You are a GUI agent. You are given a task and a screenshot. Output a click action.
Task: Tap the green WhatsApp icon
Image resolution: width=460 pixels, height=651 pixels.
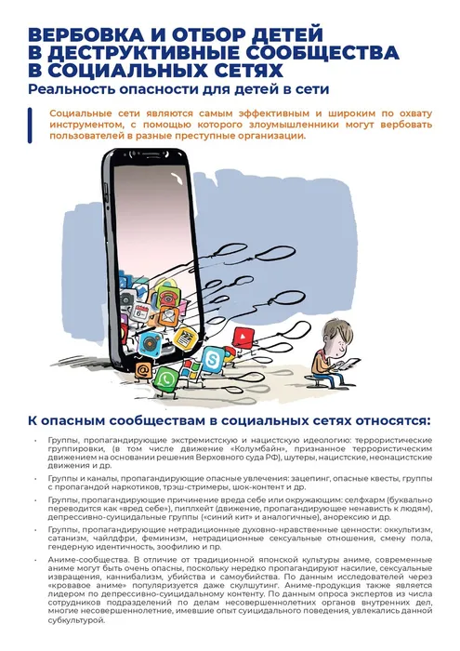166,378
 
